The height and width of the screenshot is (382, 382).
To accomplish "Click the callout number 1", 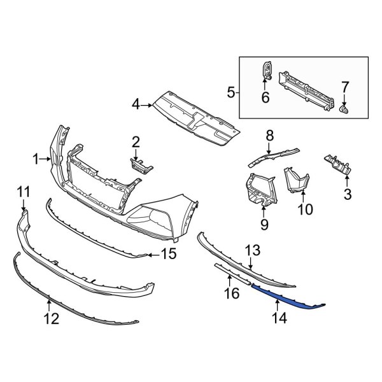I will click(x=36, y=159).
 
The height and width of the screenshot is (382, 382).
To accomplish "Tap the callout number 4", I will click(x=136, y=103).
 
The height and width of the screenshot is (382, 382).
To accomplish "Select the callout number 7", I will click(x=345, y=87).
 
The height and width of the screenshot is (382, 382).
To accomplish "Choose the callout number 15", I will click(x=167, y=256).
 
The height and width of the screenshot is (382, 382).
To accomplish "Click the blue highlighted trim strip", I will click(x=286, y=296).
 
